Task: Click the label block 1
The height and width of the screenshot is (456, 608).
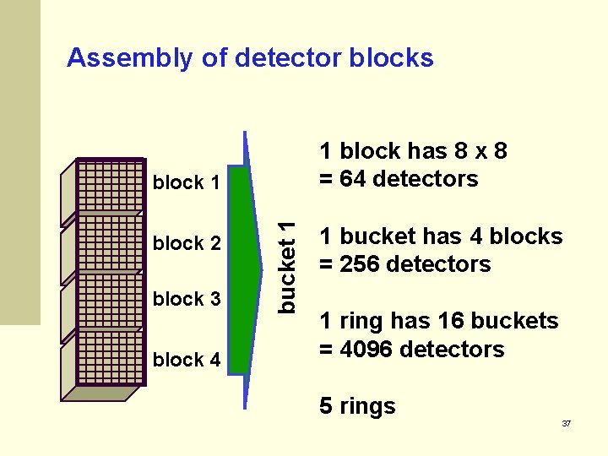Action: (x=187, y=182)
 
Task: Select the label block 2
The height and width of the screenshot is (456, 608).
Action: (x=187, y=243)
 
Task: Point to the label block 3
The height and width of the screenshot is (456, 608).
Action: (x=187, y=299)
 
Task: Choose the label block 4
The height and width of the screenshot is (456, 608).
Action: (x=187, y=360)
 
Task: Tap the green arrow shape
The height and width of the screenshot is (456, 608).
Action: (x=242, y=270)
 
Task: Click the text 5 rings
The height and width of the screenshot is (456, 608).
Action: (x=357, y=406)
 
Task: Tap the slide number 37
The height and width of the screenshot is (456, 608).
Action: (x=567, y=423)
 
